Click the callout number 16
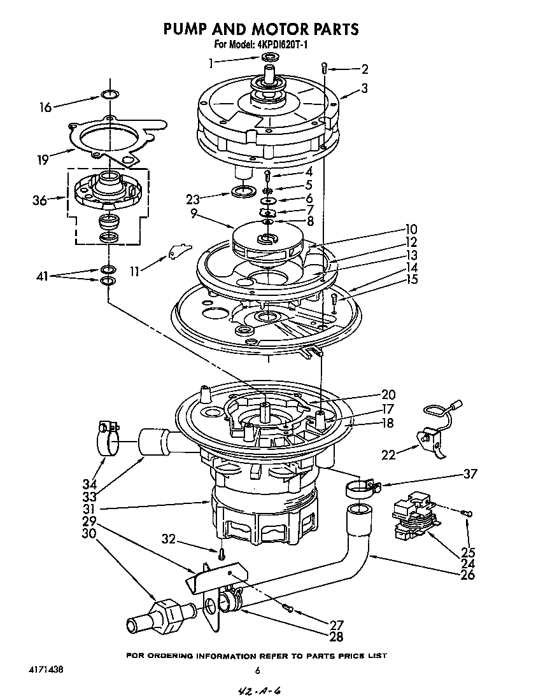click(x=45, y=108)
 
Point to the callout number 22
click(x=388, y=455)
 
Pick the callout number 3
click(x=364, y=89)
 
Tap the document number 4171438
click(x=46, y=670)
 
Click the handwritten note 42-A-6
click(x=258, y=690)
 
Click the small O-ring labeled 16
click(x=111, y=95)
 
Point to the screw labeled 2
click(x=325, y=67)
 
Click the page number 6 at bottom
click(x=257, y=669)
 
